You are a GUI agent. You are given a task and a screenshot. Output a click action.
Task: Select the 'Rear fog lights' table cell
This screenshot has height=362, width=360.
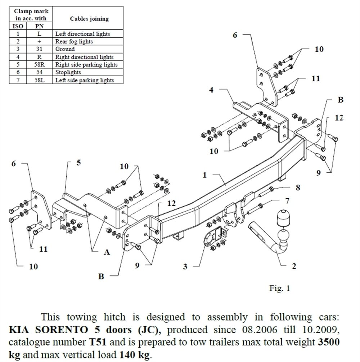point(74,41)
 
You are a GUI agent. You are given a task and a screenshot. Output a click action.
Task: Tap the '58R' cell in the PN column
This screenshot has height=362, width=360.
point(39,65)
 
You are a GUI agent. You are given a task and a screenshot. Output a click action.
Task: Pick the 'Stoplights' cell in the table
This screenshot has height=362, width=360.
point(68,72)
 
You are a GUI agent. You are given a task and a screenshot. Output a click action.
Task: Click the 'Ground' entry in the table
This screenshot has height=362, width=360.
point(65,49)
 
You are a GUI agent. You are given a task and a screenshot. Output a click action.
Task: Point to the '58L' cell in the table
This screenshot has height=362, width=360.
point(39,80)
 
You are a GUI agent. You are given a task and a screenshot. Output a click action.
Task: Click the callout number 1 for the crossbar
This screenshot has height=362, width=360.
point(205,175)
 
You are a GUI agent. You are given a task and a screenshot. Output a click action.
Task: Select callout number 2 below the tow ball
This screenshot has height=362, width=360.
point(293,266)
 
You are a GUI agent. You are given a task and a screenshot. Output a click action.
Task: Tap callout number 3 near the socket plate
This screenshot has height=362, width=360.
point(185,267)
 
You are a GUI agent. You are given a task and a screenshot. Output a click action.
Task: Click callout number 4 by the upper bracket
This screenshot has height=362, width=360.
point(211,90)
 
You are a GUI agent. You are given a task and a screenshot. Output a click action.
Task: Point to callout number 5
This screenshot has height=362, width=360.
point(78,163)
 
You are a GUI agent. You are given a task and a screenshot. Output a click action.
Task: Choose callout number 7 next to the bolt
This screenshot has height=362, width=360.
point(287,200)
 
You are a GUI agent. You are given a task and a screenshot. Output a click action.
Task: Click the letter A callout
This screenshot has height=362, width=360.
point(107,252)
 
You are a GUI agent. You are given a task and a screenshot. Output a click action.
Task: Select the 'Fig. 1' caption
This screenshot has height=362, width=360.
point(279,288)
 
